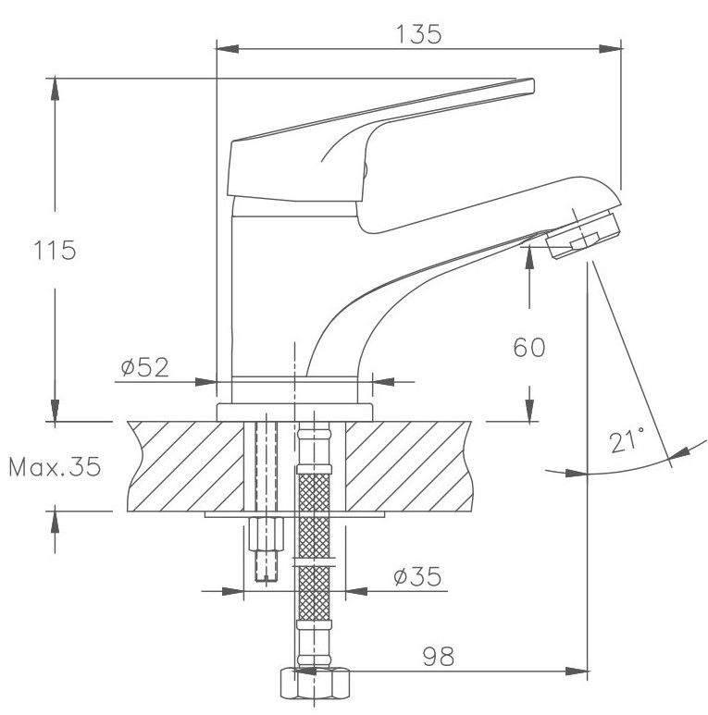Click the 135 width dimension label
point(418,34)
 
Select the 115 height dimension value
point(55,251)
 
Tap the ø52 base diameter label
point(144,367)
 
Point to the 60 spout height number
point(529,348)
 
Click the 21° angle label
point(627,440)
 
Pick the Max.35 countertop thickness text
point(55,466)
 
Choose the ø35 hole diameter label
point(417,576)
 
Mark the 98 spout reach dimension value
point(439,657)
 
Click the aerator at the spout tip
point(583,235)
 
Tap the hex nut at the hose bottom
point(315,683)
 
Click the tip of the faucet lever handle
point(532,86)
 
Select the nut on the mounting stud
point(266,534)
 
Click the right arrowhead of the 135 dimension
point(610,49)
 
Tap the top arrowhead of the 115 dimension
point(55,90)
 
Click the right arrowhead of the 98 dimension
point(577,672)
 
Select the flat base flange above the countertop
point(294,413)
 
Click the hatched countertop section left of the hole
point(186,466)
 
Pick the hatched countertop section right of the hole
point(408,466)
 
